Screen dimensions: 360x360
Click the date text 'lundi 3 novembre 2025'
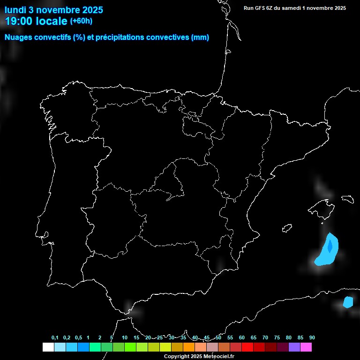(x=54, y=10)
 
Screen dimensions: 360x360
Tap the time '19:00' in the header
(x=19, y=21)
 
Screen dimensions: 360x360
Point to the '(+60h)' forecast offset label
(x=81, y=21)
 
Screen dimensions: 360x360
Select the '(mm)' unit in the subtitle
(x=200, y=37)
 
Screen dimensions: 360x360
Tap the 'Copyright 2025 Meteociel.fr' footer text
(x=199, y=356)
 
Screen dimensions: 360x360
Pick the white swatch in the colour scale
(x=48, y=347)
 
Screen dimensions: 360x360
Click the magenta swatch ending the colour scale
(x=306, y=347)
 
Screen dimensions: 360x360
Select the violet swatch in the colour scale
(x=294, y=347)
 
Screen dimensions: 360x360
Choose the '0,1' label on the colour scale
(x=55, y=338)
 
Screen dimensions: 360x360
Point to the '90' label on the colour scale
(x=312, y=338)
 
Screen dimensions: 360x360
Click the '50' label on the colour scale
(x=218, y=338)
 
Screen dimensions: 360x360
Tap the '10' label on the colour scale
(x=125, y=338)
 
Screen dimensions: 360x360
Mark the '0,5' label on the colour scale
(x=78, y=338)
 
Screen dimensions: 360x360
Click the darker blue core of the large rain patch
(x=330, y=246)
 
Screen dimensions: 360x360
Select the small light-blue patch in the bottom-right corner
(x=348, y=302)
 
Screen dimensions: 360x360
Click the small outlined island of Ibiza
(x=287, y=228)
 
